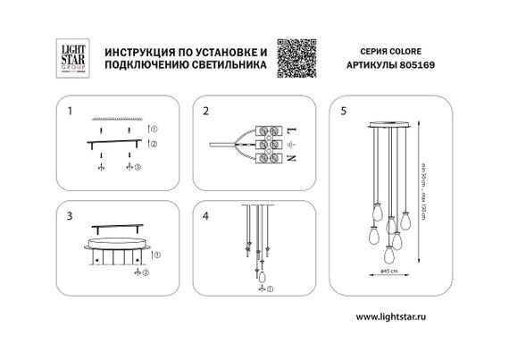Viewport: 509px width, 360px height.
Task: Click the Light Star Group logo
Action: (70, 54)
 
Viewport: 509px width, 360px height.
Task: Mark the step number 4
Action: (205, 216)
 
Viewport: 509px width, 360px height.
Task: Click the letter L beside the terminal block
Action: (291, 130)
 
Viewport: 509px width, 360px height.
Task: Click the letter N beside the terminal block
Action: (291, 157)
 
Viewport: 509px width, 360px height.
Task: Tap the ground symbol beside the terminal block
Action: (291, 144)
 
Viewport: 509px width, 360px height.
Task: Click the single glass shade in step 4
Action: (262, 278)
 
